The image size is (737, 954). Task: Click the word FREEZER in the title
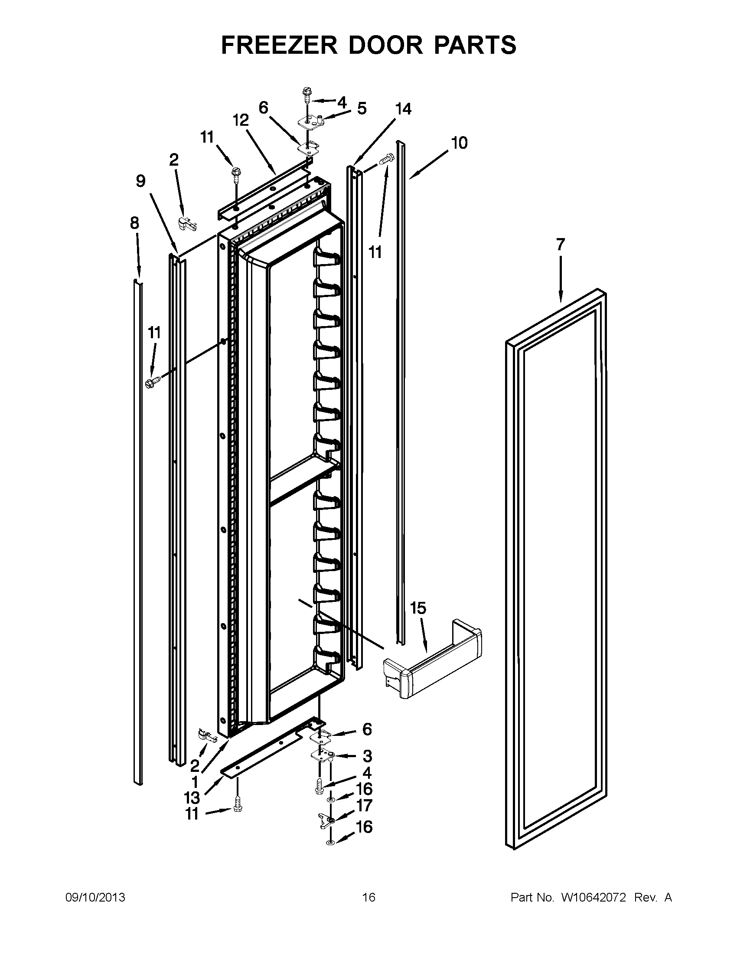tap(279, 45)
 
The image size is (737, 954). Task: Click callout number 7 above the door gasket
tap(561, 245)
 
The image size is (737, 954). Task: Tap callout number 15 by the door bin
tap(418, 608)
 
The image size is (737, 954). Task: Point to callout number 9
tap(140, 180)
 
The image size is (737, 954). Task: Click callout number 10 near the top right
tap(459, 143)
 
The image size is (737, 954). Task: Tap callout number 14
tap(403, 109)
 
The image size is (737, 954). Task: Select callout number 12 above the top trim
tap(241, 120)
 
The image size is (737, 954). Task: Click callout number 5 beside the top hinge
tap(362, 108)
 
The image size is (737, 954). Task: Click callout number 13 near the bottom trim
tap(192, 797)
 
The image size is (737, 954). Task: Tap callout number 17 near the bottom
tap(364, 805)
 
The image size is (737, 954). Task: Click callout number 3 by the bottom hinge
tap(367, 756)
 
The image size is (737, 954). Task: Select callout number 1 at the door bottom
tap(195, 781)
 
